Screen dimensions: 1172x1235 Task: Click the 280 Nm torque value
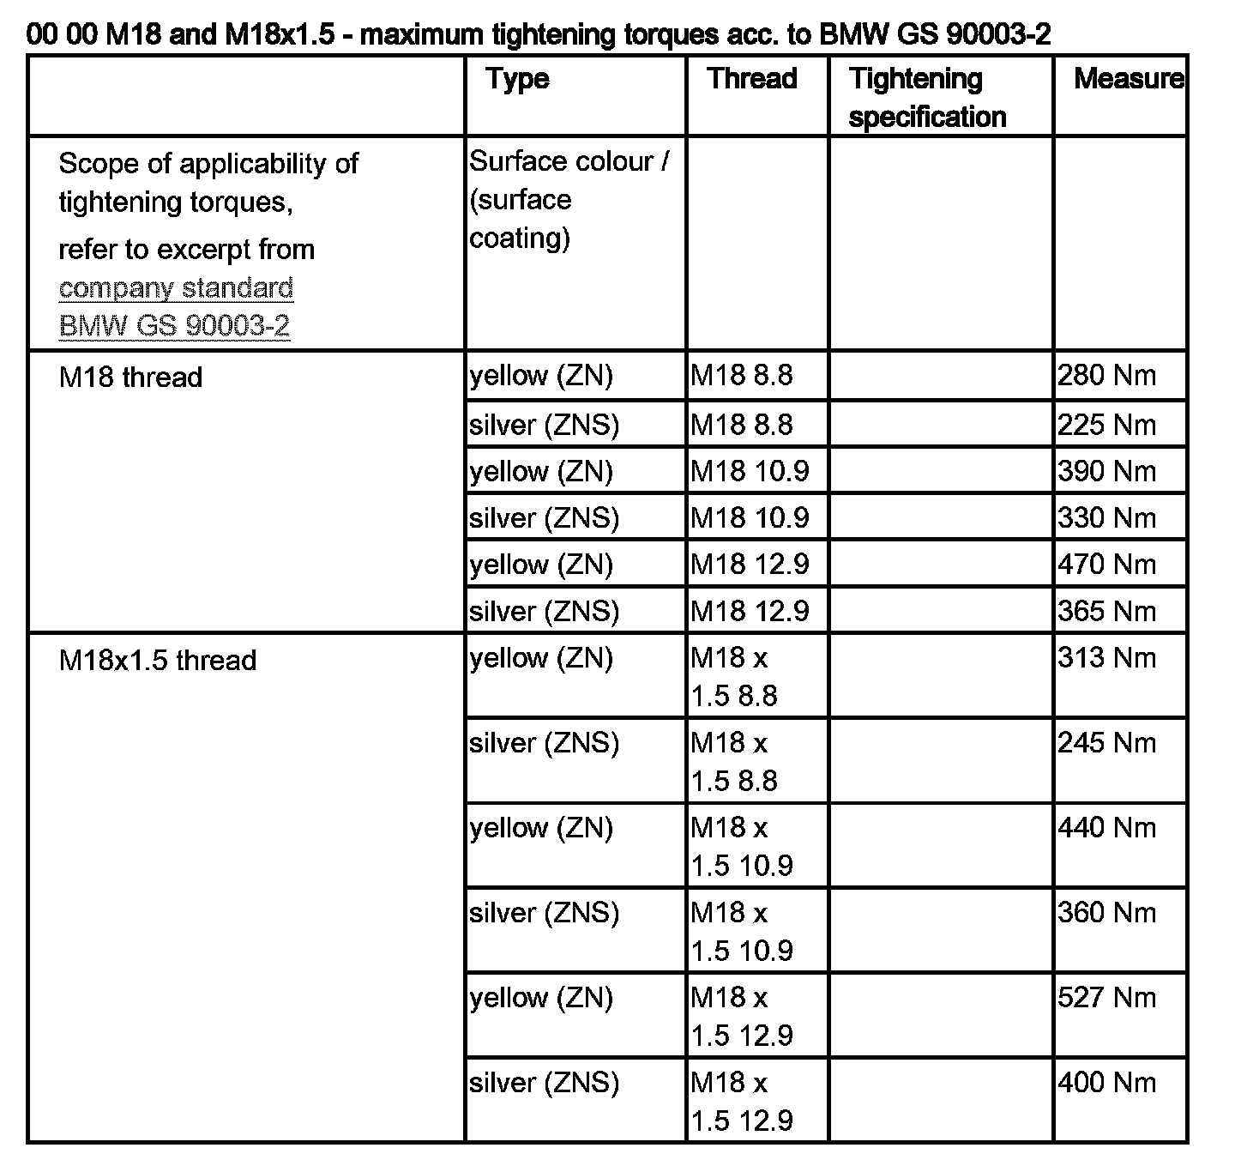[1106, 376]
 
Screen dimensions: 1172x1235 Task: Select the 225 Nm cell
[1106, 425]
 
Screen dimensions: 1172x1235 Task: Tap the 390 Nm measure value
[1106, 471]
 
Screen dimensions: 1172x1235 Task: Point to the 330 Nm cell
[1106, 517]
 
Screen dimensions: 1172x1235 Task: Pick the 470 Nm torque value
[1106, 564]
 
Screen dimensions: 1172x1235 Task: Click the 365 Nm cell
[1106, 611]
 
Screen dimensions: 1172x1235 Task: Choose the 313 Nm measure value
[1106, 657]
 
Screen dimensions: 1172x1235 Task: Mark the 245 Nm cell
[1106, 742]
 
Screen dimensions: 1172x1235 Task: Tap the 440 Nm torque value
[1106, 827]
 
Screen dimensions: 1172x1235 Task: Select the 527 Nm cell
[1106, 997]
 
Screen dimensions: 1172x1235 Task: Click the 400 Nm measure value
[1106, 1082]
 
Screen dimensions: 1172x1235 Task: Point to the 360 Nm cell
[1106, 912]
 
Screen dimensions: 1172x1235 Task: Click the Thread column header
[752, 79]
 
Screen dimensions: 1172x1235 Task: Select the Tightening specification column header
[926, 97]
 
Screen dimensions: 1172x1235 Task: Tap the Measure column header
[1127, 79]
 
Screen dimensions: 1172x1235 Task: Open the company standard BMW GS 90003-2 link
[176, 306]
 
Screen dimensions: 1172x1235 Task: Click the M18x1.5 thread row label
[158, 660]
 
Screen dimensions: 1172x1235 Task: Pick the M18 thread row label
[130, 377]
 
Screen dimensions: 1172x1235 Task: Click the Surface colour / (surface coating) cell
[568, 199]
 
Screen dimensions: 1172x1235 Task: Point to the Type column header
[517, 79]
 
